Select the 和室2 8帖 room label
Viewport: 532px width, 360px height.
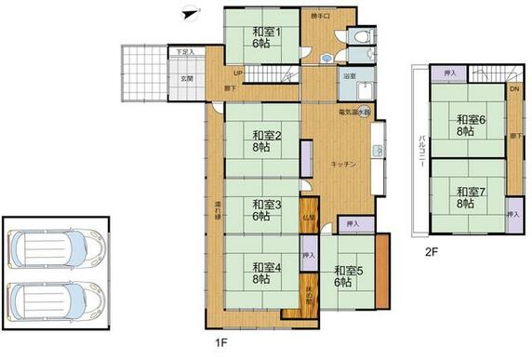[x=260, y=140]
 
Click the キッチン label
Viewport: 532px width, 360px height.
[x=343, y=164]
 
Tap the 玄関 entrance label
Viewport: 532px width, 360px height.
[x=186, y=78]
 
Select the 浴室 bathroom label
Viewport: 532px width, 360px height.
[x=352, y=76]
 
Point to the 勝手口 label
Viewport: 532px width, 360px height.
[x=321, y=17]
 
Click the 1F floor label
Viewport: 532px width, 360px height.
[x=220, y=342]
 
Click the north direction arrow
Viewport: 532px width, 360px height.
[x=190, y=13]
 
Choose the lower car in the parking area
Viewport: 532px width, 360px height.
[x=54, y=300]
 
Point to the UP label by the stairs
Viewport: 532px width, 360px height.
[x=239, y=73]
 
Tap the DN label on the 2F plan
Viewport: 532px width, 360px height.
[x=513, y=89]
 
